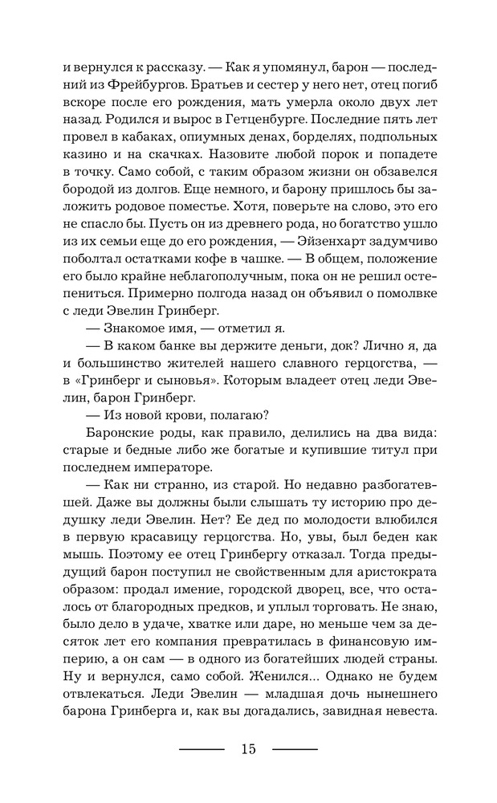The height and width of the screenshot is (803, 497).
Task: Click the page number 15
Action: (247, 749)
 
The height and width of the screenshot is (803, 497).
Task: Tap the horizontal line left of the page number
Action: (201, 749)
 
